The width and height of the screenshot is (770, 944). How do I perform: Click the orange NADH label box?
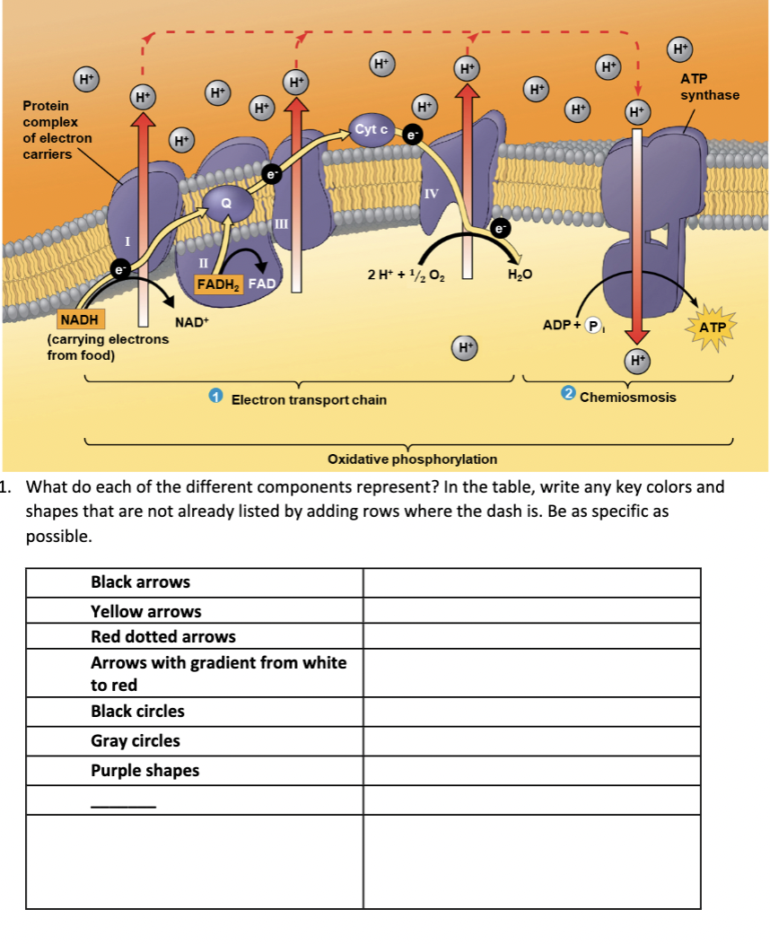81,319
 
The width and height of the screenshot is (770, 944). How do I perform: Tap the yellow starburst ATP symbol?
712,328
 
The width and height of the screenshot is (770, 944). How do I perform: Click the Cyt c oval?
371,130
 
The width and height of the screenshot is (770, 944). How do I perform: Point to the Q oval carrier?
225,203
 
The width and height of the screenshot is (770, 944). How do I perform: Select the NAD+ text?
192,321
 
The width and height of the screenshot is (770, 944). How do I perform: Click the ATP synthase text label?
710,87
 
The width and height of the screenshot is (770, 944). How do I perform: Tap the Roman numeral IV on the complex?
431,193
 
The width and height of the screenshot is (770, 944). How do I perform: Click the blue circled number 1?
215,397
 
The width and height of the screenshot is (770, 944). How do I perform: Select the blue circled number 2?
567,395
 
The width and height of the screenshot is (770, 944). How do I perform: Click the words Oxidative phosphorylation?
412,459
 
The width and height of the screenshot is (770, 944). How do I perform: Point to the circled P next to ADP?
593,325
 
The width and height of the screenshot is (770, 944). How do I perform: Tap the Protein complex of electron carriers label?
57,130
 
